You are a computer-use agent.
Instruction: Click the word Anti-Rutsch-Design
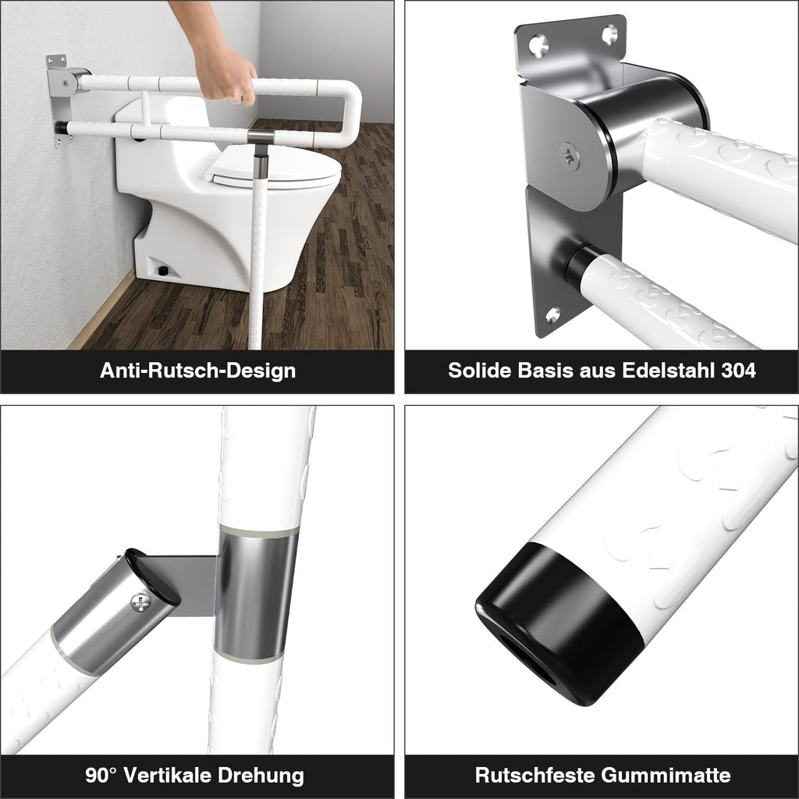point(197,371)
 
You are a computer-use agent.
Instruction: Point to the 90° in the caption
point(101,776)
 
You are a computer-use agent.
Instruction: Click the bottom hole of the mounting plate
point(552,315)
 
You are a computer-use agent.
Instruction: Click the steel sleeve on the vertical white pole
point(258,593)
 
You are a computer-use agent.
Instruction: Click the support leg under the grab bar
point(260,234)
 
